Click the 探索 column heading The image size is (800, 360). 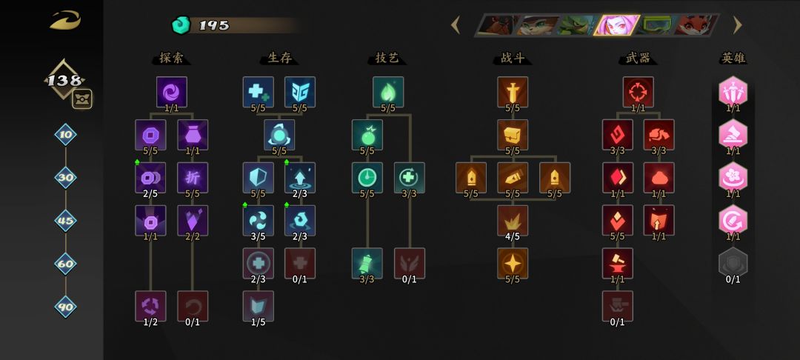click(x=171, y=58)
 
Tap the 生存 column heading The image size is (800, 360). click(x=279, y=58)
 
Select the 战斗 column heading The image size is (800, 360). click(x=513, y=58)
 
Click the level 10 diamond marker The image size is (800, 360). click(x=65, y=135)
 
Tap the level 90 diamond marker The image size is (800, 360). click(x=65, y=307)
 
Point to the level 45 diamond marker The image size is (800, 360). click(x=65, y=221)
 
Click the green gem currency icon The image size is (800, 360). click(x=181, y=25)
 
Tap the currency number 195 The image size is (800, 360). click(x=214, y=25)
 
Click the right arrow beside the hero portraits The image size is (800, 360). click(x=737, y=24)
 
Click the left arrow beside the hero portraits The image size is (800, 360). click(x=456, y=24)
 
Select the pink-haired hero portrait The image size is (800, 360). click(x=616, y=25)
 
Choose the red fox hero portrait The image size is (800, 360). click(x=696, y=25)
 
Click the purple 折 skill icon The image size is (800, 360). click(x=193, y=178)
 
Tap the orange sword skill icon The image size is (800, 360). click(x=513, y=92)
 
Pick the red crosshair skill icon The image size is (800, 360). click(x=639, y=92)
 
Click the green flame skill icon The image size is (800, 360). click(x=388, y=92)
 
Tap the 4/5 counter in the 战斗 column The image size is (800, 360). click(x=513, y=236)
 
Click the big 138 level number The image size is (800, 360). click(x=64, y=80)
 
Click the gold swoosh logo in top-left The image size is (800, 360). click(x=65, y=21)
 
